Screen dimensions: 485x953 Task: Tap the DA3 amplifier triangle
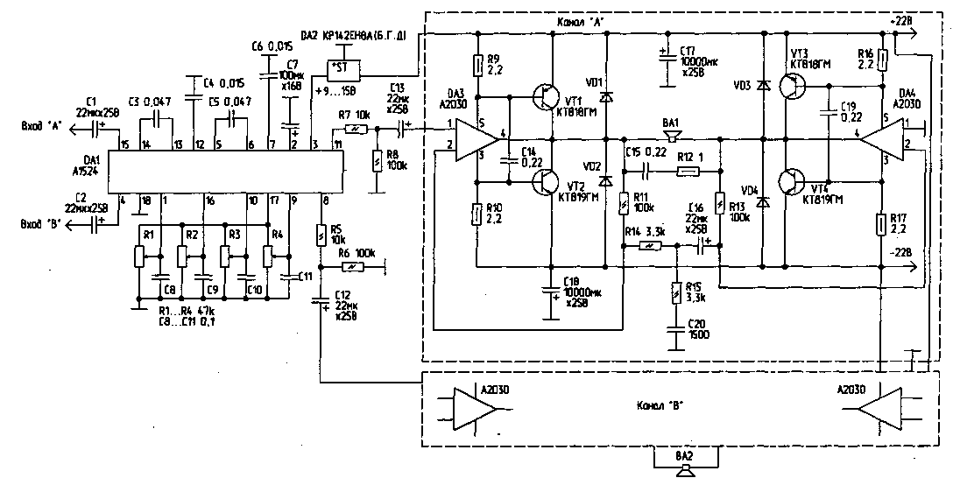coord(476,141)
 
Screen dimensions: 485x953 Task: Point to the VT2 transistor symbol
coord(549,183)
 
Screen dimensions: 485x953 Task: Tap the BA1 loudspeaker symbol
coord(672,137)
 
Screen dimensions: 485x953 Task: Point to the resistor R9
coord(478,66)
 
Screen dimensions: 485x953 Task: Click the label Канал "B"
coord(660,404)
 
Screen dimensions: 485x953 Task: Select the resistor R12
coord(687,172)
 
